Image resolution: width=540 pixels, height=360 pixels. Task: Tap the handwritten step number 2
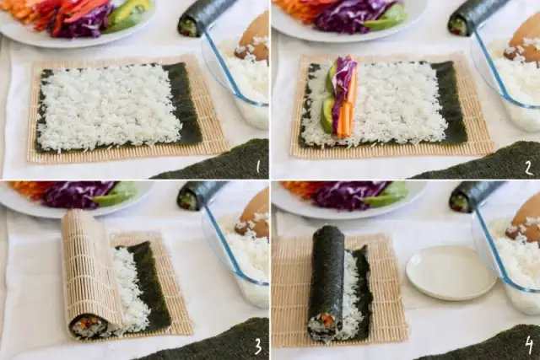click(527, 167)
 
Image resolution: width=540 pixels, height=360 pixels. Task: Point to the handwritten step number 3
click(256, 347)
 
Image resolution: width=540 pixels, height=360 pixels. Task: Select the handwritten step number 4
click(528, 346)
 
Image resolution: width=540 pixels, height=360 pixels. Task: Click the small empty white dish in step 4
click(450, 271)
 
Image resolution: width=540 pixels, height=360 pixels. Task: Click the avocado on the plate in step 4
click(388, 197)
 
